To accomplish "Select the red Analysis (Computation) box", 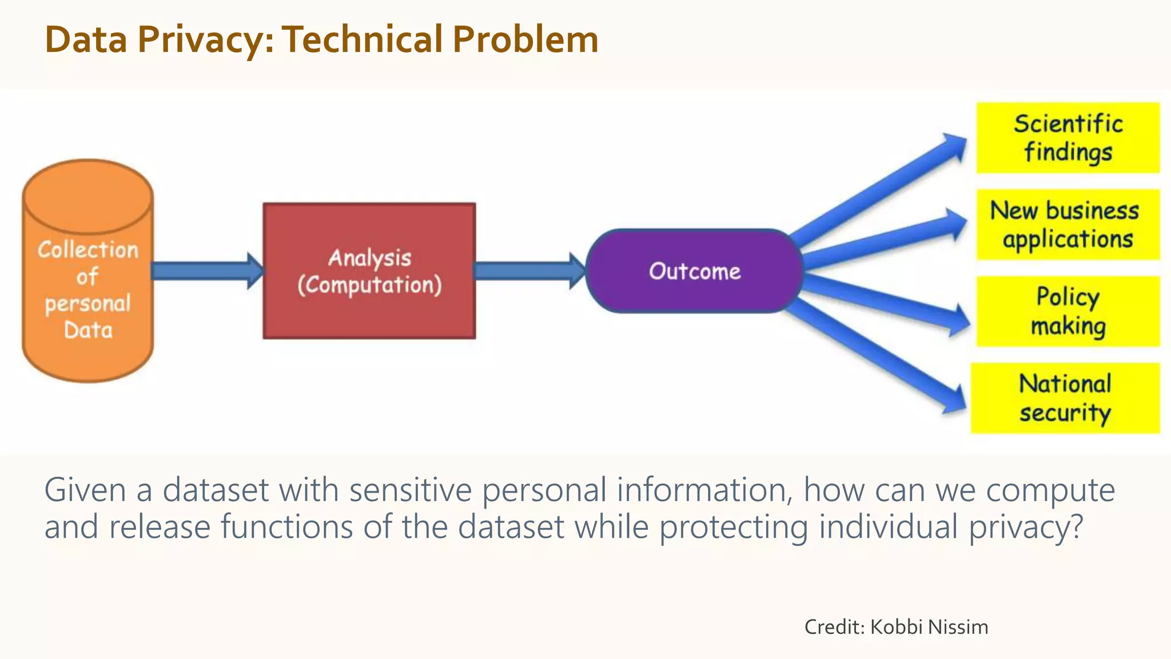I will click(369, 271).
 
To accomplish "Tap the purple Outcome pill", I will click(694, 271).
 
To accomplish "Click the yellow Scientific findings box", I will click(1068, 138).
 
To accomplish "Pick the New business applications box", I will click(1067, 225).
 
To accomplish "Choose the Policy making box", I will click(1068, 311).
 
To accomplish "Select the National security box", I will click(1065, 398).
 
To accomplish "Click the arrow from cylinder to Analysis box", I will click(206, 271).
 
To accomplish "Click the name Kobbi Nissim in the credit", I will click(929, 627).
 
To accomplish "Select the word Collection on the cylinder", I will click(88, 250).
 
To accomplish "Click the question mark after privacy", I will click(1076, 526).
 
